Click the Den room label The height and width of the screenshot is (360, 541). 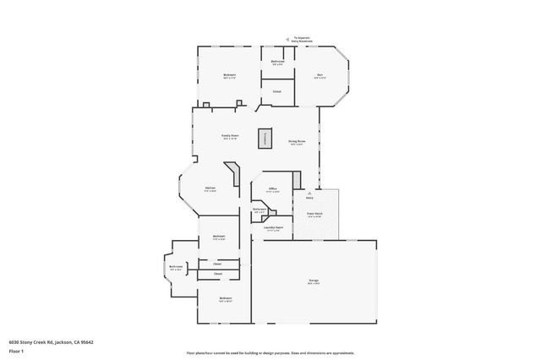[320, 75]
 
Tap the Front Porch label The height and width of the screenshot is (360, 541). [314, 214]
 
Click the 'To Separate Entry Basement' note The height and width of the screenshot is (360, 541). [302, 39]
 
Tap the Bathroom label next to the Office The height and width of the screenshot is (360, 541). [260, 210]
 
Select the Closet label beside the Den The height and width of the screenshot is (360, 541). [276, 90]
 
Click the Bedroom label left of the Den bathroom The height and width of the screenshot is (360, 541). [229, 75]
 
